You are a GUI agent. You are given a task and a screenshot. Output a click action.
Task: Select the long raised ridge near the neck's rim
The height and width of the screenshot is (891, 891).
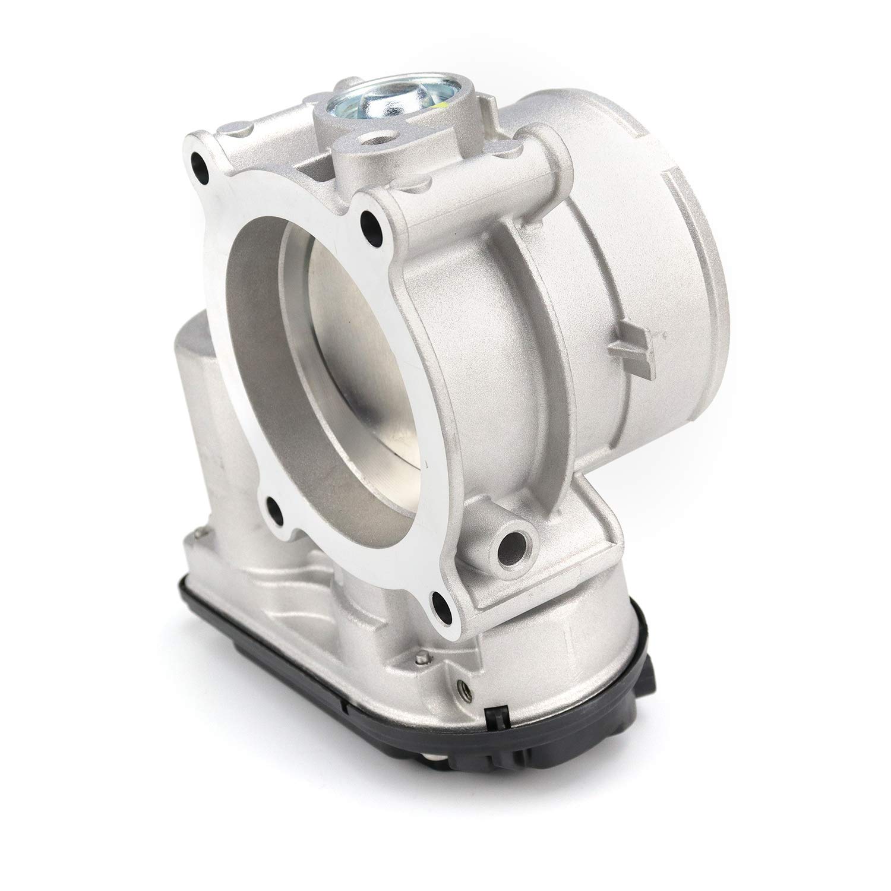click(x=674, y=249)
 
